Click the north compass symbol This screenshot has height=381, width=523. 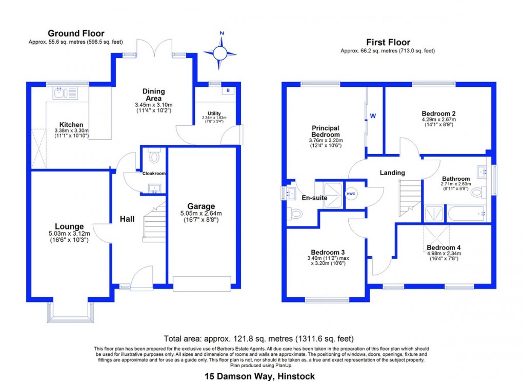(x=220, y=52)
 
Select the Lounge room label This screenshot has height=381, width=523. (x=70, y=226)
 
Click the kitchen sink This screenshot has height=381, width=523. (x=65, y=93)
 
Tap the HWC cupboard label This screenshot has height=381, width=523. (x=351, y=194)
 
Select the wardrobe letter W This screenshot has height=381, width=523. (x=373, y=116)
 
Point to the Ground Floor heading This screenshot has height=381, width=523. (x=76, y=33)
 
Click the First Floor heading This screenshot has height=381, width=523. (x=388, y=42)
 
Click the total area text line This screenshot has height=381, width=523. (x=258, y=338)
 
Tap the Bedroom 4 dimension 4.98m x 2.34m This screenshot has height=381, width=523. (x=444, y=253)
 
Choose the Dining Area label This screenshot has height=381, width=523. (x=153, y=95)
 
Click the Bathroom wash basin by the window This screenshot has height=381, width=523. (x=482, y=172)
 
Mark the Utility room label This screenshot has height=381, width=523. (x=214, y=113)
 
